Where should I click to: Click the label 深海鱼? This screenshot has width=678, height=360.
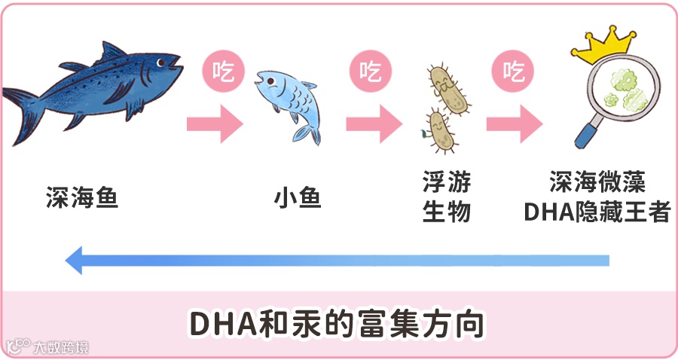coord(81,199)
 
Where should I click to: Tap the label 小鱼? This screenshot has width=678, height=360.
coord(297,199)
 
